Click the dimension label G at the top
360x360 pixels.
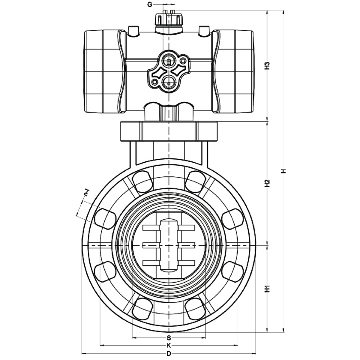[150, 5]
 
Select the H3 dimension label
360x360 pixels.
[267, 66]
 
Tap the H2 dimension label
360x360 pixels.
[267, 183]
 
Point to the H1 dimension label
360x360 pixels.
[267, 289]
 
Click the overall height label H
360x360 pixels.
[284, 171]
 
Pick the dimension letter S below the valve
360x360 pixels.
[169, 338]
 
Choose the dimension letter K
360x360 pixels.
[169, 345]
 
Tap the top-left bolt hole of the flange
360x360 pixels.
[142, 181]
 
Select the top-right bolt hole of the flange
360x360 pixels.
[195, 181]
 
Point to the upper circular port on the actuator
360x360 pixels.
[169, 61]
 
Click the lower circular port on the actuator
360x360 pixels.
[169, 82]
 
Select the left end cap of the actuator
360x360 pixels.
[104, 72]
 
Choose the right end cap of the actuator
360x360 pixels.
[233, 72]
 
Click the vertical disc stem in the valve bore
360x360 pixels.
[169, 245]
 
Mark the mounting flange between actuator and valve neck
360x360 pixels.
[169, 131]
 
